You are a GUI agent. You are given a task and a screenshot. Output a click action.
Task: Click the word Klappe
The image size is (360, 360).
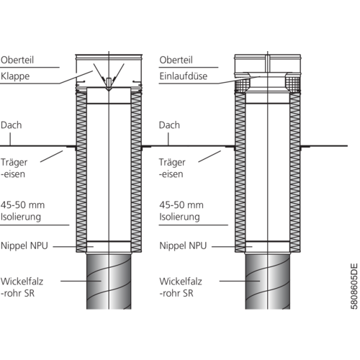click(x=15, y=76)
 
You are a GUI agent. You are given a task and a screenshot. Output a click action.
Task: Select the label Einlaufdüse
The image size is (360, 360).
click(x=184, y=76)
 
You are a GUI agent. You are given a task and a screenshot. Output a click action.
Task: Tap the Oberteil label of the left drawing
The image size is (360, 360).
click(x=17, y=60)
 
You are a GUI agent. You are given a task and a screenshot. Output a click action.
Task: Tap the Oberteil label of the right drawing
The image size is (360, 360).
click(x=176, y=60)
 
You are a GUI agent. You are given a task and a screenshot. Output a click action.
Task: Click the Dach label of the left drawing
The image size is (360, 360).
click(x=11, y=125)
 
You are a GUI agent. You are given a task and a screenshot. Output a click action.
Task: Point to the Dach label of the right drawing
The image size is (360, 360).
click(x=169, y=125)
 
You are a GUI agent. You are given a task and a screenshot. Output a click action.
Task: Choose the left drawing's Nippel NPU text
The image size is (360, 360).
click(x=24, y=246)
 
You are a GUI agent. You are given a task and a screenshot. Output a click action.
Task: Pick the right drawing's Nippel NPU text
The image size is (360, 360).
click(x=183, y=246)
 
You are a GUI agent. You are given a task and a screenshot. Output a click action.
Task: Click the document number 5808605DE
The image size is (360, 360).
click(x=354, y=287)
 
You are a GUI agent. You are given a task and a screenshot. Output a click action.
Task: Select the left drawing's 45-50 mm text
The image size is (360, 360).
click(x=22, y=205)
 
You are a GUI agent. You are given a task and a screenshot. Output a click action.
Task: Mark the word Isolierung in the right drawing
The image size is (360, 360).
click(x=179, y=217)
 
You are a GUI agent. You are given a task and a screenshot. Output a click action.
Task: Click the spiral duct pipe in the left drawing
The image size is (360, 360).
click(x=109, y=282)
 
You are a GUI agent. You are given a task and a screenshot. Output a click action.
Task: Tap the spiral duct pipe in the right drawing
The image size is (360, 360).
click(x=268, y=282)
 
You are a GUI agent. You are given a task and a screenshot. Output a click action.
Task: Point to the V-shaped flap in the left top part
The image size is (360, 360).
click(x=109, y=77)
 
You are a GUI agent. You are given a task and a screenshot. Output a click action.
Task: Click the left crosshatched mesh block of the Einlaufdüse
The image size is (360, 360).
click(x=243, y=85)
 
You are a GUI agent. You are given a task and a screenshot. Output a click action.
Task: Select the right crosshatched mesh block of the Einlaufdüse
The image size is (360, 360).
click(x=293, y=85)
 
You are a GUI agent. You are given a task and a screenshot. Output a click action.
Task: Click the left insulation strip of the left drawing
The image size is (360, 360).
click(x=81, y=172)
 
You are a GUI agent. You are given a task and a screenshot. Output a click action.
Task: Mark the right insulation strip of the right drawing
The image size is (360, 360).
click(x=295, y=172)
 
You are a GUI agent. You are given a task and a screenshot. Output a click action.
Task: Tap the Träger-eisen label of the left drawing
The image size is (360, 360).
click(x=14, y=168)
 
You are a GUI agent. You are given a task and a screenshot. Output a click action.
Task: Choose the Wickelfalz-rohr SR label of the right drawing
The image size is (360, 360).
click(x=181, y=287)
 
